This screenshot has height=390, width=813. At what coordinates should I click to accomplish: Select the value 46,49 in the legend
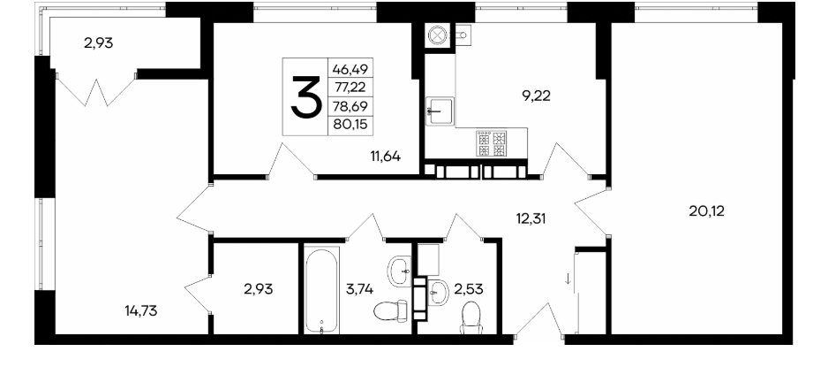(x=350, y=68)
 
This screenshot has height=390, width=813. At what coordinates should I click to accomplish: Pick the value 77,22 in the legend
(x=350, y=88)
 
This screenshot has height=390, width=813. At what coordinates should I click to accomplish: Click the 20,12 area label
(x=706, y=210)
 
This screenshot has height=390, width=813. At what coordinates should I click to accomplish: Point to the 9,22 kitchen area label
(x=537, y=96)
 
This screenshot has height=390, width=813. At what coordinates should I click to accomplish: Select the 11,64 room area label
(x=385, y=156)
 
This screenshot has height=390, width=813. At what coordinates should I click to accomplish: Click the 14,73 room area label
(x=141, y=311)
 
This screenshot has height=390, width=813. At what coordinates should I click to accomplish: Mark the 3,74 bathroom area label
(x=360, y=288)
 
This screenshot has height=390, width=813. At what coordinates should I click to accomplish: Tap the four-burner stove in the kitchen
(x=492, y=143)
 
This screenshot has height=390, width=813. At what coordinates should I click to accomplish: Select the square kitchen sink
(x=440, y=111)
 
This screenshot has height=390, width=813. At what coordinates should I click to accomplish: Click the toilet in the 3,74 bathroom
(x=390, y=312)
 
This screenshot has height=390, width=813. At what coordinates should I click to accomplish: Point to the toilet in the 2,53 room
(x=471, y=317)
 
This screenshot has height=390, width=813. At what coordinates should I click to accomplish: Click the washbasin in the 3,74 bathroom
(x=400, y=270)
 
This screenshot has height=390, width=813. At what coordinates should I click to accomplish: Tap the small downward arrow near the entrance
(x=568, y=279)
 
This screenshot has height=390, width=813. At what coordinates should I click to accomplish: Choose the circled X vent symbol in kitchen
(x=438, y=35)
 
